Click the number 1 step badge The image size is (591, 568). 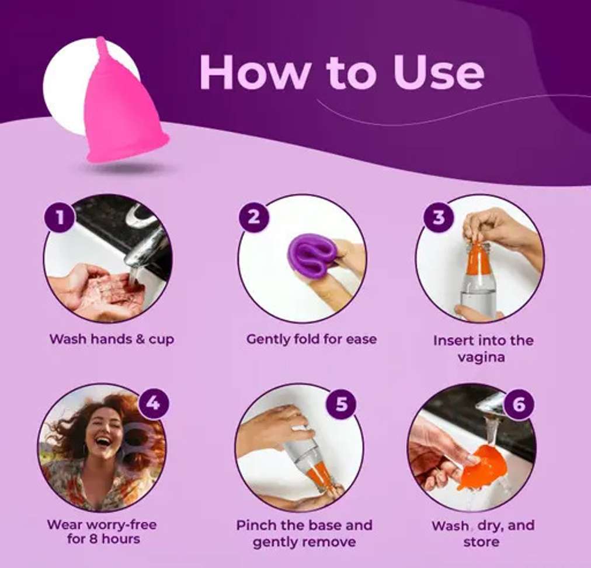coord(60,217)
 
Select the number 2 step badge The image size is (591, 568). coord(254,217)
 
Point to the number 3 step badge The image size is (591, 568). coord(439,217)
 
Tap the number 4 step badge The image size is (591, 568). coord(153,404)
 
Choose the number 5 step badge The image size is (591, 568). coord(341,404)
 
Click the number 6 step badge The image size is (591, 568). coord(519,404)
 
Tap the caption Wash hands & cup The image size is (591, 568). coord(112,339)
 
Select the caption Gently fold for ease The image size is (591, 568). coord(311,339)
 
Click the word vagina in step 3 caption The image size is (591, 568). coord(481,357)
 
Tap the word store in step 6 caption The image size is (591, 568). coord(481,542)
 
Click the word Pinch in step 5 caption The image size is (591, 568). coord(255,525)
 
